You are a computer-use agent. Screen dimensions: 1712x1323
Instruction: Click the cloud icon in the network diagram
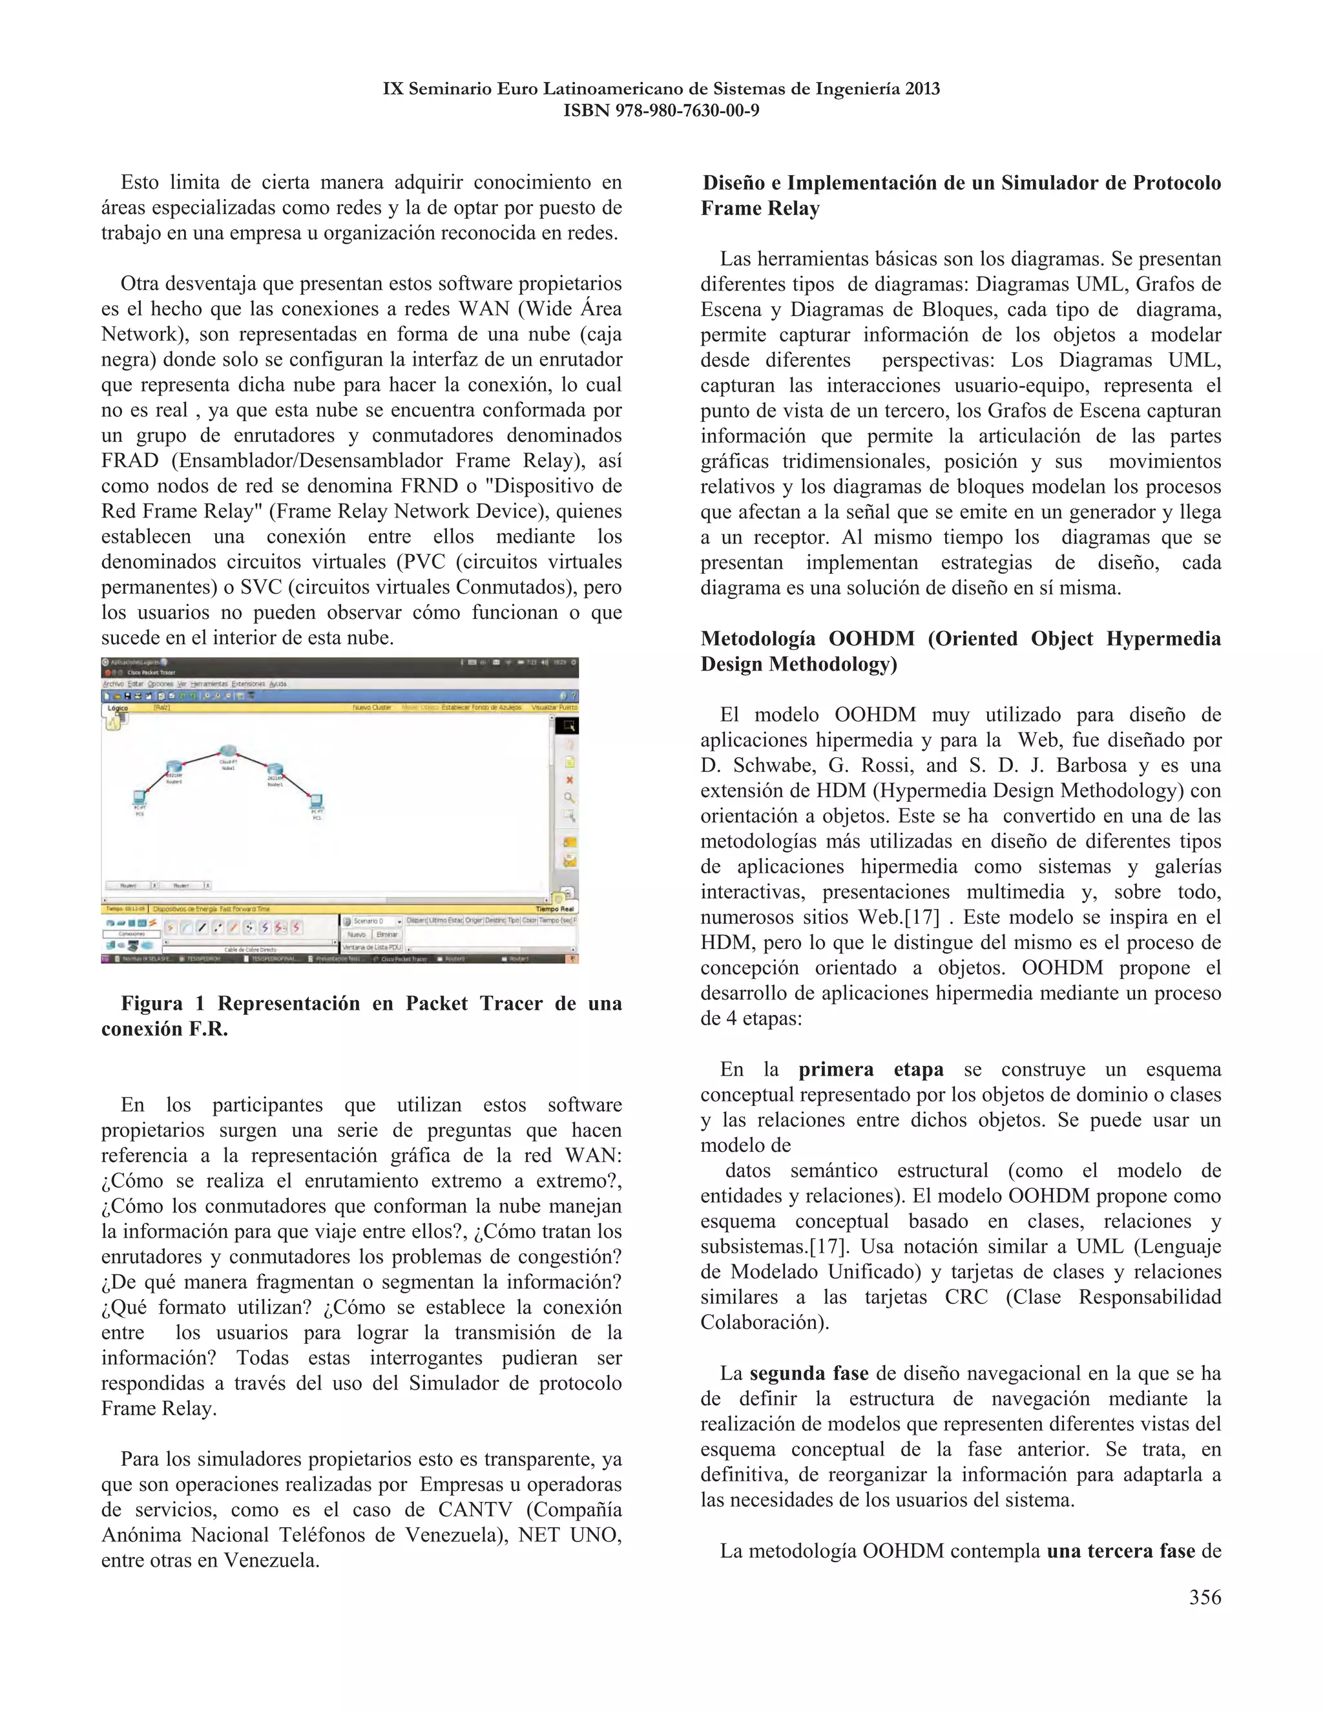[228, 751]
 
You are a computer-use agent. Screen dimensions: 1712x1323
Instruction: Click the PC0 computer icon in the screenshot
[140, 797]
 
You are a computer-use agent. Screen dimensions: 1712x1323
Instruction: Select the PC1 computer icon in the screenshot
[317, 801]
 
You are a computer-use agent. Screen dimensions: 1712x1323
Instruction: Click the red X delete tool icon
[570, 780]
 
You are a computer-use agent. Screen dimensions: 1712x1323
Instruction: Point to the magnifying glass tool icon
[570, 798]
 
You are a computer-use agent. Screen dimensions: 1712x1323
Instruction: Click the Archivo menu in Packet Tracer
[114, 684]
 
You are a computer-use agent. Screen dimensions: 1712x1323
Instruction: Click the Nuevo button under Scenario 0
[357, 934]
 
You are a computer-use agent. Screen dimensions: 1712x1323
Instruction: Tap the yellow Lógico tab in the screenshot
[118, 708]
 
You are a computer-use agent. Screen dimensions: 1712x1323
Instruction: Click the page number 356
[1205, 1598]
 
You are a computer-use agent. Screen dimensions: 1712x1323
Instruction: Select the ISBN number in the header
[661, 110]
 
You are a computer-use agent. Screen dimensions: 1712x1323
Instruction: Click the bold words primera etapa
[871, 1070]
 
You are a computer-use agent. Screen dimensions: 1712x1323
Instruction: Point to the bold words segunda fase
[809, 1373]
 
